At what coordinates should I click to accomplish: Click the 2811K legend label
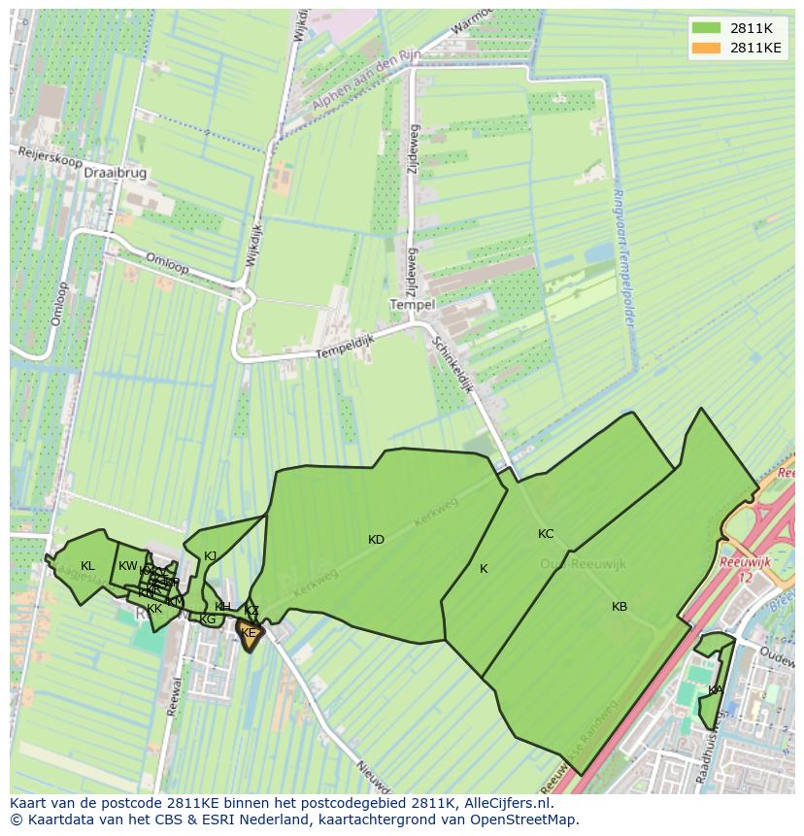[752, 28]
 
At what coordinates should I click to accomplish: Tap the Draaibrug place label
[116, 172]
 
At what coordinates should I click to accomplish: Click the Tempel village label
[411, 304]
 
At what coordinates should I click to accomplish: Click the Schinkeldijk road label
[452, 365]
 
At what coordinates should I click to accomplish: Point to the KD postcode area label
[376, 540]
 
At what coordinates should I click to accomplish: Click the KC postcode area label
[546, 534]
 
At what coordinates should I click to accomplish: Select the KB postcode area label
[620, 607]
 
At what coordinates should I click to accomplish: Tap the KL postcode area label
[87, 566]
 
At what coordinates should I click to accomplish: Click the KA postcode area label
[715, 690]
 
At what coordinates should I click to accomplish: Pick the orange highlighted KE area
[249, 633]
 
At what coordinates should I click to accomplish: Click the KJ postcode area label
[210, 556]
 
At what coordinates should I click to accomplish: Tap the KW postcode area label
[128, 566]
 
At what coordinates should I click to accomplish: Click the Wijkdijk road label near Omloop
[253, 242]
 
